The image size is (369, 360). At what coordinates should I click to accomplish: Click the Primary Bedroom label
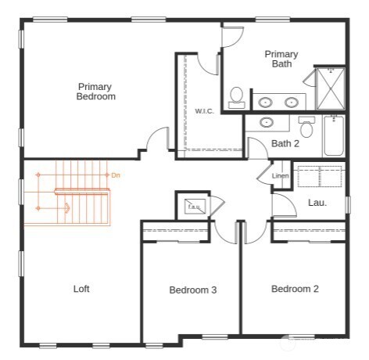click(96, 92)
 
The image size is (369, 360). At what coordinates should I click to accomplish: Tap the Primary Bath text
click(281, 59)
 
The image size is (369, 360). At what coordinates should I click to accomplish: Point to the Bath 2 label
click(285, 143)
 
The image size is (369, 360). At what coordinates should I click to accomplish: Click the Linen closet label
click(280, 176)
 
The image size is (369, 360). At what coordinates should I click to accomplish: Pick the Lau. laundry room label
click(317, 203)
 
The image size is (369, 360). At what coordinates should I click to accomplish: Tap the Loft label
click(81, 289)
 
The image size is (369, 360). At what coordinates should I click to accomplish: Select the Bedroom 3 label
click(192, 290)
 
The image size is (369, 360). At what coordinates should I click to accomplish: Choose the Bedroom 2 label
click(295, 289)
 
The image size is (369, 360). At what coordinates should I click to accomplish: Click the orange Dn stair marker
click(116, 175)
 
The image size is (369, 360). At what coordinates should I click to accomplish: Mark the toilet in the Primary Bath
click(236, 96)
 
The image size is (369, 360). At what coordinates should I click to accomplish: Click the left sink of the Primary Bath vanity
click(267, 101)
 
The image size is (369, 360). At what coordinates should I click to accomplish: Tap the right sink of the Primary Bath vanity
click(292, 101)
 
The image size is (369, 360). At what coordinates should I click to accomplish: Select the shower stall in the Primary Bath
click(331, 88)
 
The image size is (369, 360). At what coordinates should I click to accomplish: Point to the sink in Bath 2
click(267, 122)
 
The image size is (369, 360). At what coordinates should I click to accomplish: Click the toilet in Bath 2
click(306, 128)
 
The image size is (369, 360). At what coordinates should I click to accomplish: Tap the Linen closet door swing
click(264, 174)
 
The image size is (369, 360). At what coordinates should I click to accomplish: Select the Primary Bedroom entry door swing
click(156, 139)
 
